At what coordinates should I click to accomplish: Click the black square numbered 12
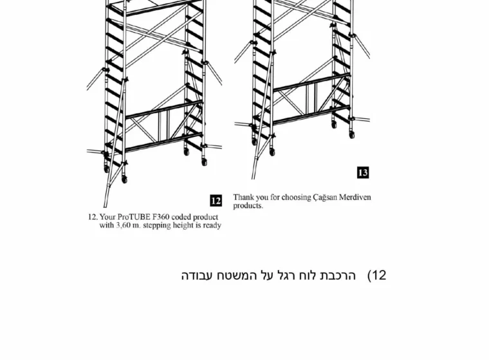coord(216,201)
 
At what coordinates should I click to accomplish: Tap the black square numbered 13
coord(363,173)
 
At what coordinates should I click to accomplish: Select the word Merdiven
coord(355,197)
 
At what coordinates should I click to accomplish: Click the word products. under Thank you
coord(248,206)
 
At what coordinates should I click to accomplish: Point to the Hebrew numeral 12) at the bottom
coord(377,275)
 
